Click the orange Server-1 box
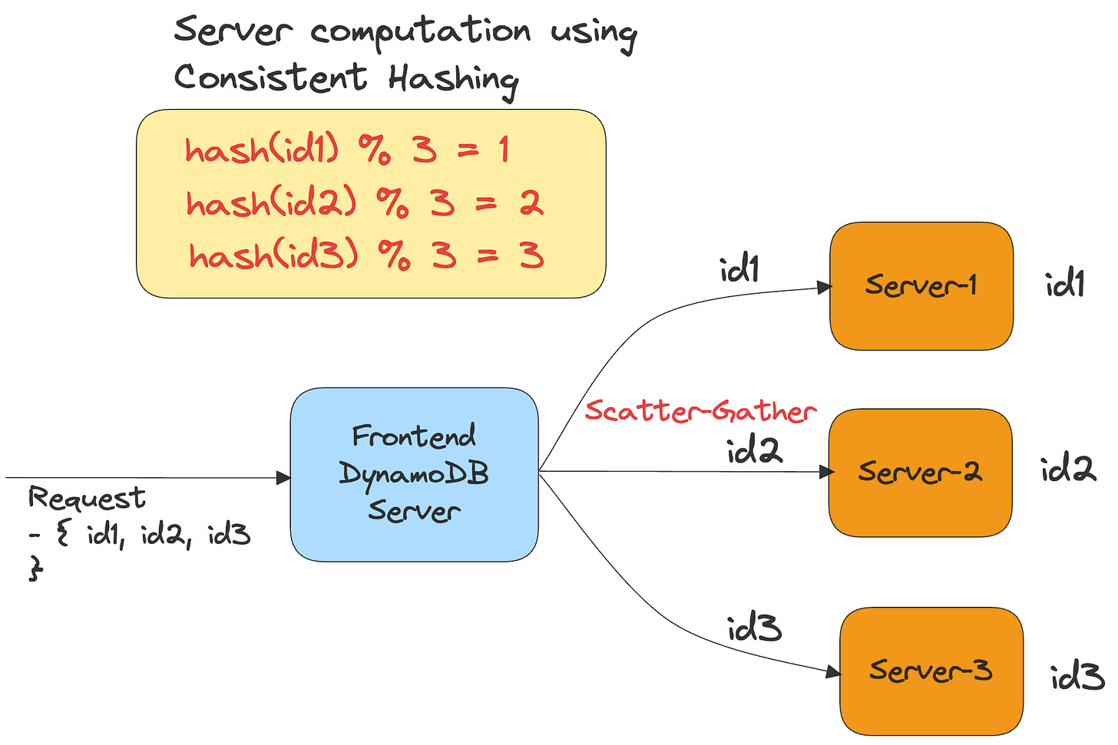(x=921, y=286)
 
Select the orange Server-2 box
(x=920, y=472)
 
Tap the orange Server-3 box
(x=931, y=671)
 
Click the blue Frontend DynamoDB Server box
(x=414, y=474)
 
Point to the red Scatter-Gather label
(x=700, y=411)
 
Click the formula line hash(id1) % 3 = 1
(x=347, y=150)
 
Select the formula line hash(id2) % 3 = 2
(x=365, y=203)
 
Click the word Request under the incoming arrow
(x=87, y=499)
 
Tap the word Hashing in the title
(x=453, y=79)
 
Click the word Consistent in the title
(x=270, y=77)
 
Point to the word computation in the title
(x=421, y=32)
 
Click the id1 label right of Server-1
(x=1065, y=285)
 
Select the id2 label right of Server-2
(x=1068, y=469)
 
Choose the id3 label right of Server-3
(x=1077, y=677)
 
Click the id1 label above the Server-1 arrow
(x=739, y=269)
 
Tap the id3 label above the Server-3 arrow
(x=754, y=629)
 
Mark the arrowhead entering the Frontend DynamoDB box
(x=283, y=478)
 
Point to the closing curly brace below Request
(x=35, y=569)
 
